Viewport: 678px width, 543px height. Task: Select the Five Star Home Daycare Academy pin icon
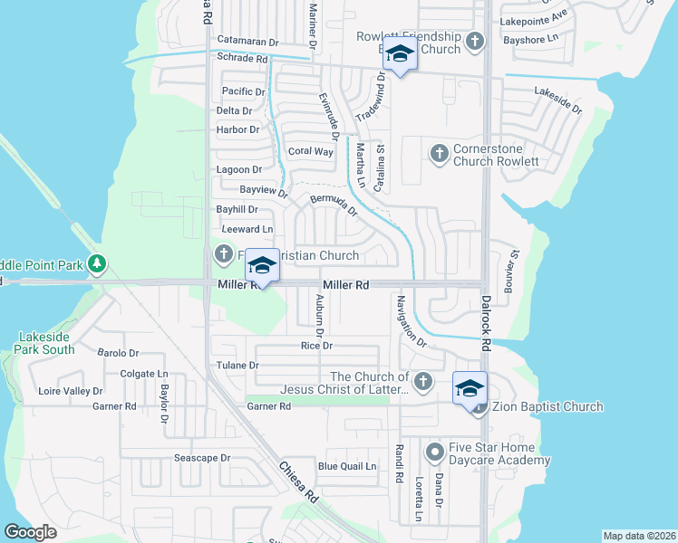[435, 451]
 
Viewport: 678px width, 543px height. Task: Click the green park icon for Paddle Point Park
[96, 264]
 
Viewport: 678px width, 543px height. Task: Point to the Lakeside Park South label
[45, 343]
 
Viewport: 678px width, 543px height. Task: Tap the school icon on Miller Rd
[262, 264]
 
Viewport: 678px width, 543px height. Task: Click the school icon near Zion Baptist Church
[470, 387]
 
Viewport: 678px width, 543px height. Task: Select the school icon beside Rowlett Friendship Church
[399, 53]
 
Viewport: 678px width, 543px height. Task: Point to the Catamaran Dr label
[247, 42]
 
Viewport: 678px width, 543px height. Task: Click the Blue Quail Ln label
[346, 467]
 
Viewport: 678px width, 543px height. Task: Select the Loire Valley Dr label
[71, 392]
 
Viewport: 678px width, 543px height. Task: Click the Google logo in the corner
[31, 532]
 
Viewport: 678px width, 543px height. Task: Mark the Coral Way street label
[310, 151]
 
